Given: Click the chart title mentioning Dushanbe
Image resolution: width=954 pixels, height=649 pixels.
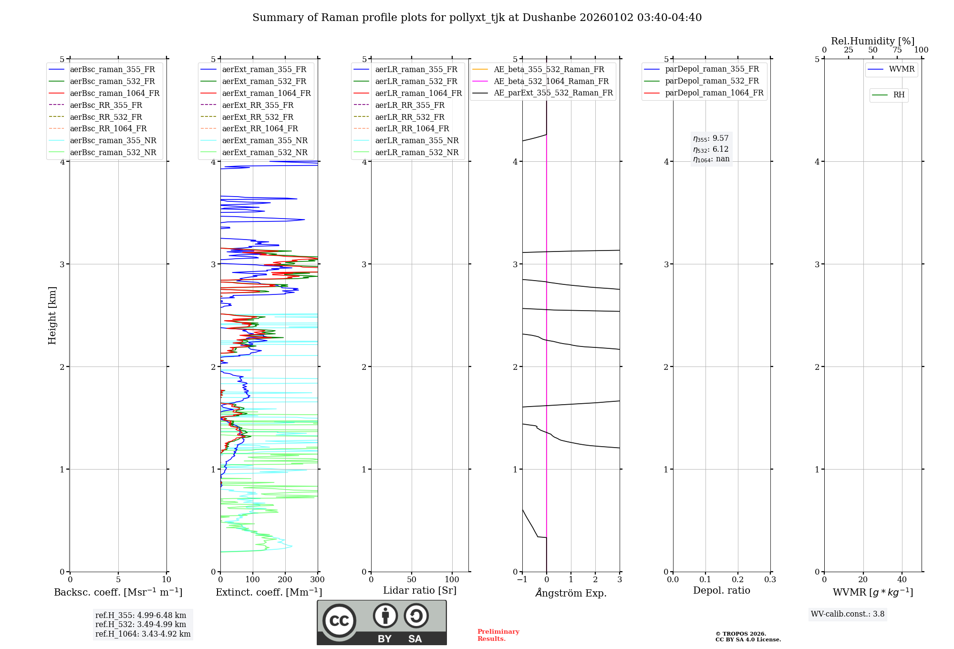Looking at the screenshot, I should (477, 18).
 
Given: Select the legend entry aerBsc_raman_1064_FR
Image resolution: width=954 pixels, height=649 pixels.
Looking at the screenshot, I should (114, 94).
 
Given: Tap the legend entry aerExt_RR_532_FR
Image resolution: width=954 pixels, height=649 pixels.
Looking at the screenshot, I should (258, 117).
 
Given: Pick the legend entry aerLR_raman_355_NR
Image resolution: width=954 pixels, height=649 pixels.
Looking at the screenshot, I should (416, 141).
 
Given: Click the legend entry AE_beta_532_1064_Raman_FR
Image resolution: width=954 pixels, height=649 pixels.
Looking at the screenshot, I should (551, 82).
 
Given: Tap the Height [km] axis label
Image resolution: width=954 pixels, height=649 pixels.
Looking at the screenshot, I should (52, 315).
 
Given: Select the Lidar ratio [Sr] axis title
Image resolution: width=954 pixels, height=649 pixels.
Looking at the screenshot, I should (420, 590).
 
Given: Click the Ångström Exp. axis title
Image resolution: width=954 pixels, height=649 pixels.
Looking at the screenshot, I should (571, 593).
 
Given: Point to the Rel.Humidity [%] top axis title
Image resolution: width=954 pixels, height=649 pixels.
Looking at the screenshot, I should (872, 41).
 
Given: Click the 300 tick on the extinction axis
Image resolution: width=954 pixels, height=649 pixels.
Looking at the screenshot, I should (317, 580).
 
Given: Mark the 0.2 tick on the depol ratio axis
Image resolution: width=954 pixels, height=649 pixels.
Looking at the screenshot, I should (738, 580).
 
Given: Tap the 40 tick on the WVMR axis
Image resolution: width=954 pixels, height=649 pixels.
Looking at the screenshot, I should (902, 580).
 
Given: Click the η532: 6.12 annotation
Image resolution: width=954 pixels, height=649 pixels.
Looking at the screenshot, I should (711, 149).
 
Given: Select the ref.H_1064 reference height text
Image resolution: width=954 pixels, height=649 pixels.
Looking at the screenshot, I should (143, 634).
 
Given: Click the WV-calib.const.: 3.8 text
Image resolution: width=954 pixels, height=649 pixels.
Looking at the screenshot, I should (848, 614).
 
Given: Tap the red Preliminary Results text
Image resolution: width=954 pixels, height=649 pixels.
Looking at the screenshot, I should (498, 635).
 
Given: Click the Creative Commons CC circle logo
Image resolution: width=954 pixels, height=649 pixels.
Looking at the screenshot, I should (339, 621).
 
